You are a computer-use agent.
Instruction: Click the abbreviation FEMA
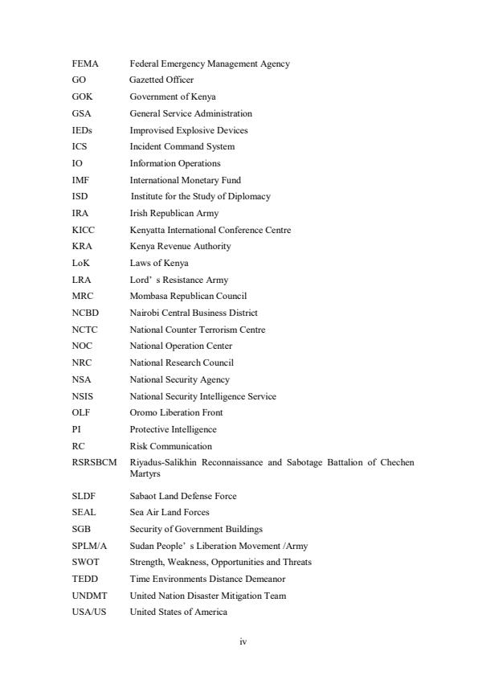point(84,64)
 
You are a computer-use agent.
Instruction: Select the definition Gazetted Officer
point(161,80)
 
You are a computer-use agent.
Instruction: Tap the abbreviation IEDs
point(81,130)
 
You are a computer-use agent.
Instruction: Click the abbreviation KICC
point(82,230)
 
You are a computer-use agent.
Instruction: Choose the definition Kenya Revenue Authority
point(180,246)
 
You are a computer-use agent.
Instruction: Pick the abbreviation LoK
point(80,263)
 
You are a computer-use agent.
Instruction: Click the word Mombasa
point(148,296)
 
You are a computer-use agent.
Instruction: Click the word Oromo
point(142,412)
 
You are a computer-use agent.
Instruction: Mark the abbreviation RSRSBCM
point(94,463)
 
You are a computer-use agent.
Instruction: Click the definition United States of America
point(178,612)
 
